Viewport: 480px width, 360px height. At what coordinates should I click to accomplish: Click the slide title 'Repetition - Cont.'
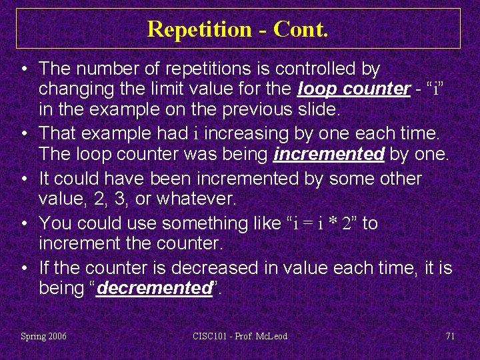(237, 29)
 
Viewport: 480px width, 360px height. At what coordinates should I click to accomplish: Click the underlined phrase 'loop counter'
(354, 89)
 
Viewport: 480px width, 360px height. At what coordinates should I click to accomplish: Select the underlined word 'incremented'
(329, 155)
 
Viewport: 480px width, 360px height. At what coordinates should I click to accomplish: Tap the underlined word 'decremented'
(153, 289)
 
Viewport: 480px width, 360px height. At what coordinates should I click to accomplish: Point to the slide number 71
(450, 336)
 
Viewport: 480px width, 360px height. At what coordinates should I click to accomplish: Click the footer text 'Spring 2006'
(44, 336)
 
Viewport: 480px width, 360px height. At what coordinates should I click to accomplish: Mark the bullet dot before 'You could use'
(24, 223)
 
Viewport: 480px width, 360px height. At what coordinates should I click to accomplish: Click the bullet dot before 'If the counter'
(24, 268)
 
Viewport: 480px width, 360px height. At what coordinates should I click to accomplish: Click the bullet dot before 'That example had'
(24, 133)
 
